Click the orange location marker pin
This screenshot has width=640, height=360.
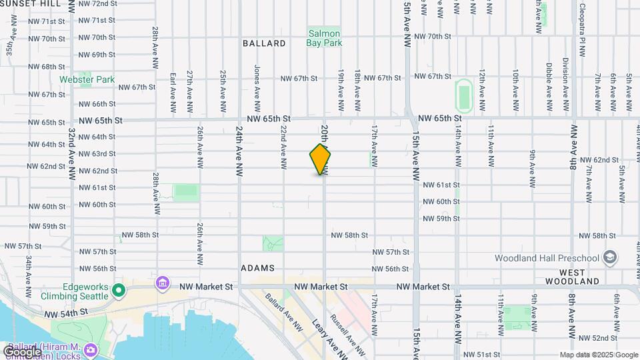321,159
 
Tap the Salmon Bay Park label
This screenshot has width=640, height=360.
323,38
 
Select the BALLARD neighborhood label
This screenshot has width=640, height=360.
264,43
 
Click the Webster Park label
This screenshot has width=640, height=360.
87,80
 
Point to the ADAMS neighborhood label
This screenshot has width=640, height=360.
258,267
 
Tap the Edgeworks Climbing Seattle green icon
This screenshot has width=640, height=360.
119,290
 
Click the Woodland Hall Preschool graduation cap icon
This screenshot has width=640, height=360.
609,258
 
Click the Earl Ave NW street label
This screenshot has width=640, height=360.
173,91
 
